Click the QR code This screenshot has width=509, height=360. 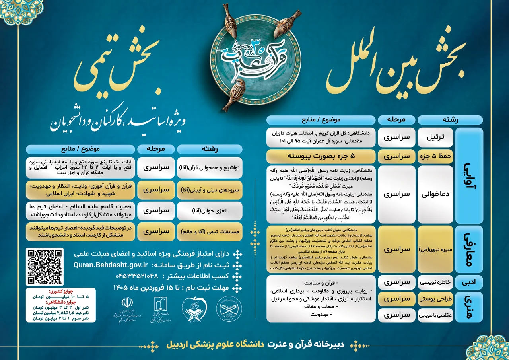(x=45, y=267)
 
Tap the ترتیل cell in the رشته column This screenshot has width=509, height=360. (x=436, y=138)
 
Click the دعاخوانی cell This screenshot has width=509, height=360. (x=436, y=194)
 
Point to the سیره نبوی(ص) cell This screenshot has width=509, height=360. (x=436, y=249)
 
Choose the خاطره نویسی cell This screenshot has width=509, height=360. (x=436, y=282)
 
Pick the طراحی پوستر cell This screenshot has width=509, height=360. (x=436, y=299)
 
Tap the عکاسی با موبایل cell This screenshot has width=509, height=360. (x=436, y=315)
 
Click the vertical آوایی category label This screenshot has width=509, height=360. (x=470, y=176)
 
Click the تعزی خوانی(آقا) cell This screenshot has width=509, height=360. (x=210, y=211)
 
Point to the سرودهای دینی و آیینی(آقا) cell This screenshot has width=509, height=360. (x=210, y=190)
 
